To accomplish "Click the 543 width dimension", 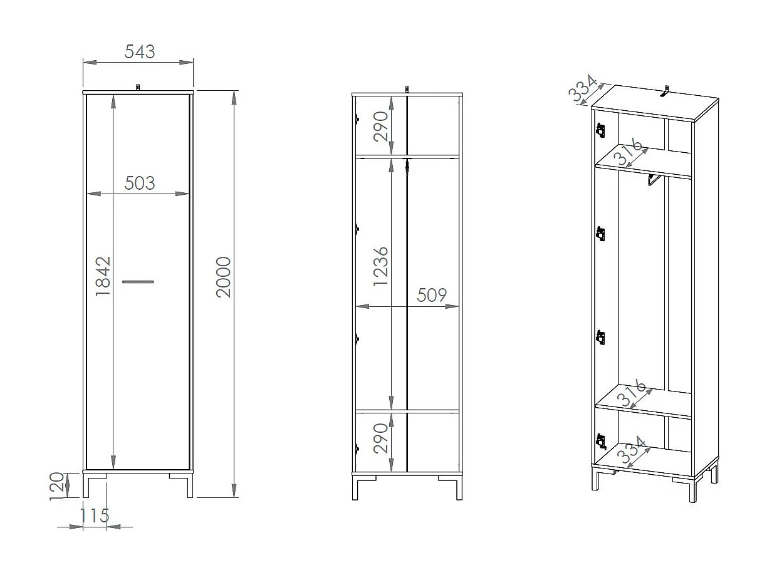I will (x=139, y=52).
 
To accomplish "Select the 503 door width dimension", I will (x=139, y=183).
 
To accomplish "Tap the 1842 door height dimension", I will (x=103, y=276).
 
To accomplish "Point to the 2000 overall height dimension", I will (x=224, y=277).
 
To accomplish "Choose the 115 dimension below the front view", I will (x=95, y=515).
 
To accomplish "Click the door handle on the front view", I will (x=138, y=282).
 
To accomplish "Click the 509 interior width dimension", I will (x=432, y=295).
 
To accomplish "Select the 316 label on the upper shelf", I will (x=629, y=153).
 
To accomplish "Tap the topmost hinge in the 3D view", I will (x=601, y=130).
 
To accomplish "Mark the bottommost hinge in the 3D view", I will (x=601, y=442).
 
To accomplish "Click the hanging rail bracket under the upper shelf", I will (x=652, y=181).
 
